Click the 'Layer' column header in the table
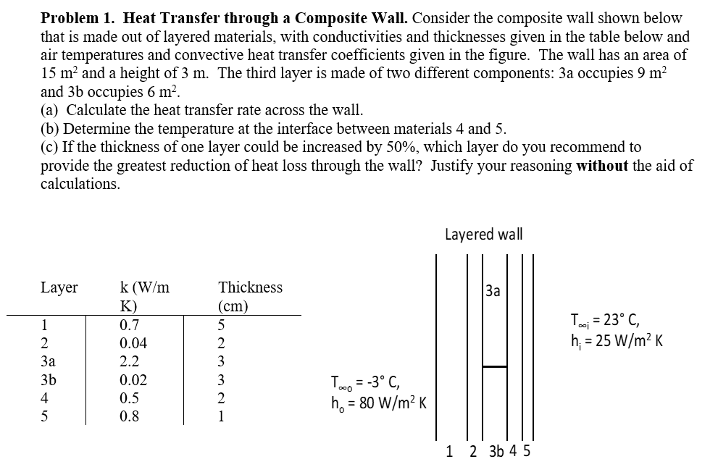59,287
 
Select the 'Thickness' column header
250,287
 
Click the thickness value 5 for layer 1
222,325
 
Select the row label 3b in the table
48,380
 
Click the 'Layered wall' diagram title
483,235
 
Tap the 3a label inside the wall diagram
493,292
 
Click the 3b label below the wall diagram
497,451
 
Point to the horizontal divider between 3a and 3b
494,367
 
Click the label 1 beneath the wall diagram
451,451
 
